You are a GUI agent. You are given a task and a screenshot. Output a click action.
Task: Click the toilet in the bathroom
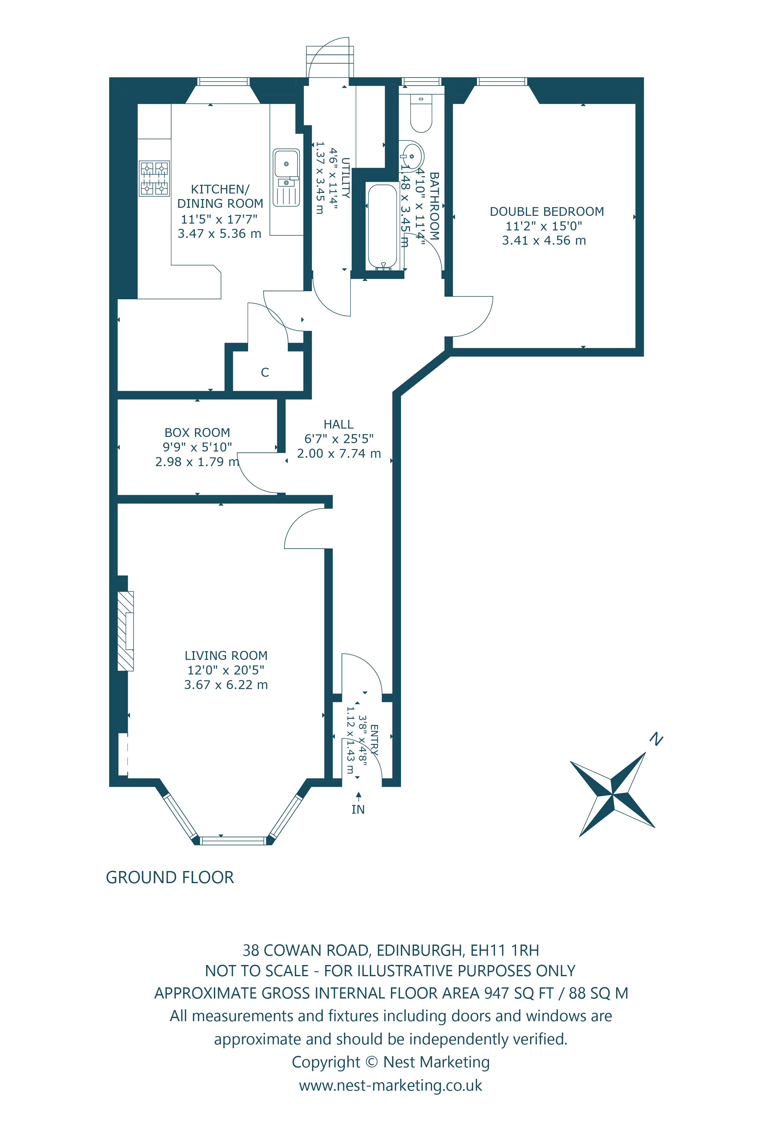click(421, 114)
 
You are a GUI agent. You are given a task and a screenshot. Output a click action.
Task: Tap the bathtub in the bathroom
click(382, 227)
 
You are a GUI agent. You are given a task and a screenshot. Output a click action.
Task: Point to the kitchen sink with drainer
click(286, 177)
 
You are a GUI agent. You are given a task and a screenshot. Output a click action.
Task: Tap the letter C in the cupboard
click(265, 372)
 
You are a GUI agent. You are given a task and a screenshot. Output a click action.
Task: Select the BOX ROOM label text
click(197, 433)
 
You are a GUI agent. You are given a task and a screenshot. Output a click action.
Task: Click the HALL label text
click(338, 425)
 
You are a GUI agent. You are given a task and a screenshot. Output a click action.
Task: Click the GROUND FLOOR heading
click(170, 877)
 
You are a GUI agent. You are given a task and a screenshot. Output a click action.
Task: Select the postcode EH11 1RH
click(504, 950)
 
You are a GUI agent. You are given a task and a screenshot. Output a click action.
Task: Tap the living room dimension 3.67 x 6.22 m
click(226, 685)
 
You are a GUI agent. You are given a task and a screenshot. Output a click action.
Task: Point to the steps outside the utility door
click(330, 62)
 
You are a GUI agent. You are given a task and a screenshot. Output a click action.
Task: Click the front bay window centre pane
click(233, 841)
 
